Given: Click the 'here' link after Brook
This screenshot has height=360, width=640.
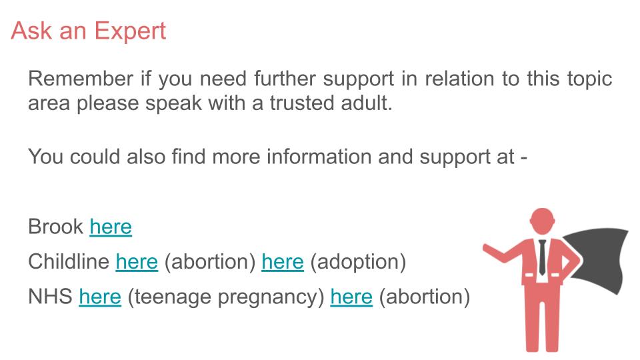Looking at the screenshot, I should tap(111, 227).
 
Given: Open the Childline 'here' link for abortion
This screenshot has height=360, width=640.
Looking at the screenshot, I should tap(137, 262).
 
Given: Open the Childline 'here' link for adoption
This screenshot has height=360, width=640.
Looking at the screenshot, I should tap(283, 262).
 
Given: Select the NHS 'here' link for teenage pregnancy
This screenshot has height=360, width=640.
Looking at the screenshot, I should tap(100, 297).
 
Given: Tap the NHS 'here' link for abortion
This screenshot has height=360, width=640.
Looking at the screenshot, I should tap(351, 297).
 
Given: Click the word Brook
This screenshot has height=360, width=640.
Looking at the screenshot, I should tap(56, 227).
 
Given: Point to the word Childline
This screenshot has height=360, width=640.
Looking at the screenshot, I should tap(69, 262).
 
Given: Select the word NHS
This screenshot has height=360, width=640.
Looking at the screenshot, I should tap(50, 297).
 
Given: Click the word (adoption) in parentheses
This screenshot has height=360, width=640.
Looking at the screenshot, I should tap(358, 262).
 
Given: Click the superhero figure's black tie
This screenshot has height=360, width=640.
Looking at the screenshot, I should tap(542, 257).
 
